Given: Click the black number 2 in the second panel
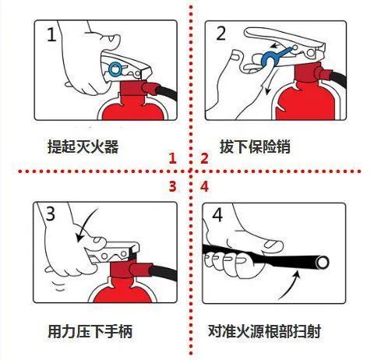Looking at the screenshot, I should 221,34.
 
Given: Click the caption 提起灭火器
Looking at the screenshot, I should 83,146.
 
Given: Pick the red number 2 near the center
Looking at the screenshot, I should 204,159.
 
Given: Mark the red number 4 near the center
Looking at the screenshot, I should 204,185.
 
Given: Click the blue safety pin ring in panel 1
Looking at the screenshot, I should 115,69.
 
